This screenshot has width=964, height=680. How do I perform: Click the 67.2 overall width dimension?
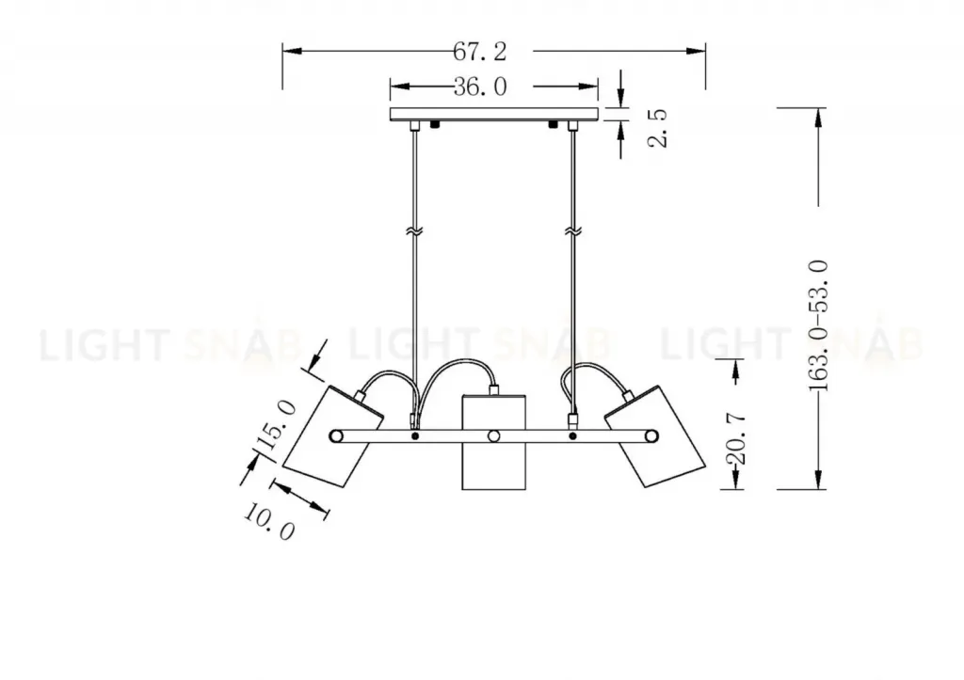tap(480, 52)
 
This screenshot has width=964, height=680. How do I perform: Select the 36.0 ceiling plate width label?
tap(480, 87)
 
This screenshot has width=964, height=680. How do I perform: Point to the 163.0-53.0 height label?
tap(818, 325)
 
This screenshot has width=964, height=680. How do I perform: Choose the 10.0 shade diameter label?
tap(270, 521)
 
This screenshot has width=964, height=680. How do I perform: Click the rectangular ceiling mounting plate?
tap(494, 114)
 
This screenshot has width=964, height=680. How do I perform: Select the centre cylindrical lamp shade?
tap(493, 442)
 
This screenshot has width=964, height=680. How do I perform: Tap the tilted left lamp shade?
tap(332, 436)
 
